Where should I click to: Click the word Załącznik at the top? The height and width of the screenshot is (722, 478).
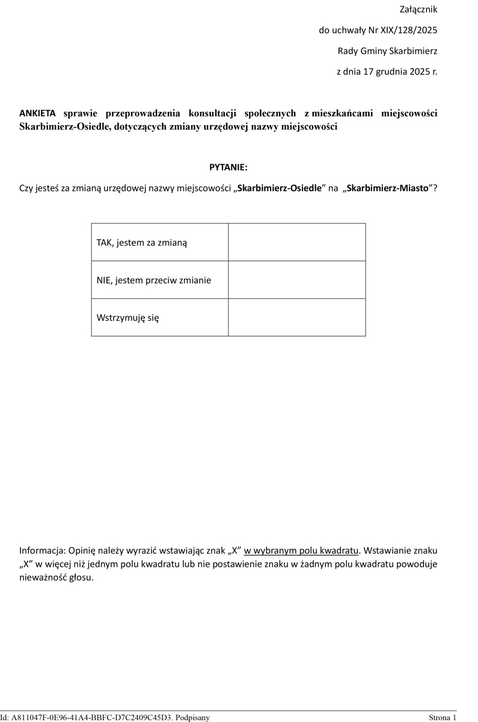418,10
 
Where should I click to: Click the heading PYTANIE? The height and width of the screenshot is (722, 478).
228,167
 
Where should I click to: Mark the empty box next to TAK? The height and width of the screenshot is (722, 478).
296,242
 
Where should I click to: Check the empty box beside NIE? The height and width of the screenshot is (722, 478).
296,280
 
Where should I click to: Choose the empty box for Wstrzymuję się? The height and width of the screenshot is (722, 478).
296,317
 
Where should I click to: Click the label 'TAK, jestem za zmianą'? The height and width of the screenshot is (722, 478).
142,242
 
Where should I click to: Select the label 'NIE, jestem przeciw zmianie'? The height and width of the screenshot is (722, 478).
153,280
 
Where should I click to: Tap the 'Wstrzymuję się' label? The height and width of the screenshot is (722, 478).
127,317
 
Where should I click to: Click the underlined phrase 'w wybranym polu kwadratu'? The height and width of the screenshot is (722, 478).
301,551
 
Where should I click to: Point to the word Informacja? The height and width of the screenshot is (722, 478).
43,551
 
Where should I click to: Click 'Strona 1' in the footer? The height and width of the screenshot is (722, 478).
443,717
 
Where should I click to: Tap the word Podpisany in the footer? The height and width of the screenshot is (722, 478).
193,717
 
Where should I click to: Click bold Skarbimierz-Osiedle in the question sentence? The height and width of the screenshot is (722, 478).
280,188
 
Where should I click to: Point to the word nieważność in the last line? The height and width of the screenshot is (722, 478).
43,578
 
